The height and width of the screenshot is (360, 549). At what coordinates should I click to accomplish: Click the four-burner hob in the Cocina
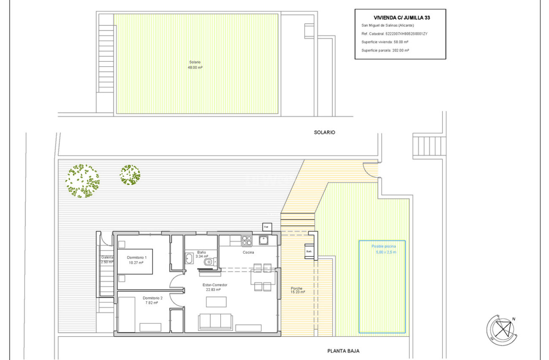point(247,240)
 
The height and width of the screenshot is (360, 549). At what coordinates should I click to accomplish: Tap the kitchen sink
point(263,240)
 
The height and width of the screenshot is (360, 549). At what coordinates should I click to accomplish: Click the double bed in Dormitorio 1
point(135,261)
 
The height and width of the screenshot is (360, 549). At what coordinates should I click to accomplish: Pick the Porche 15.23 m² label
point(298,290)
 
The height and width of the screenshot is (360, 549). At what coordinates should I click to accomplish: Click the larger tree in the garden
point(83,181)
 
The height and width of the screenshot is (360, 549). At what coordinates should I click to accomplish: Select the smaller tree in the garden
point(130,175)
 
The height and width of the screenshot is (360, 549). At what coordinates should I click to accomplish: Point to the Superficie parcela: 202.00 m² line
point(385,50)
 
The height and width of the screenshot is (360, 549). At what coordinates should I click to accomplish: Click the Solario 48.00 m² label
point(195,64)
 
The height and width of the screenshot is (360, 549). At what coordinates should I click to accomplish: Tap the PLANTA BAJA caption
point(343,351)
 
